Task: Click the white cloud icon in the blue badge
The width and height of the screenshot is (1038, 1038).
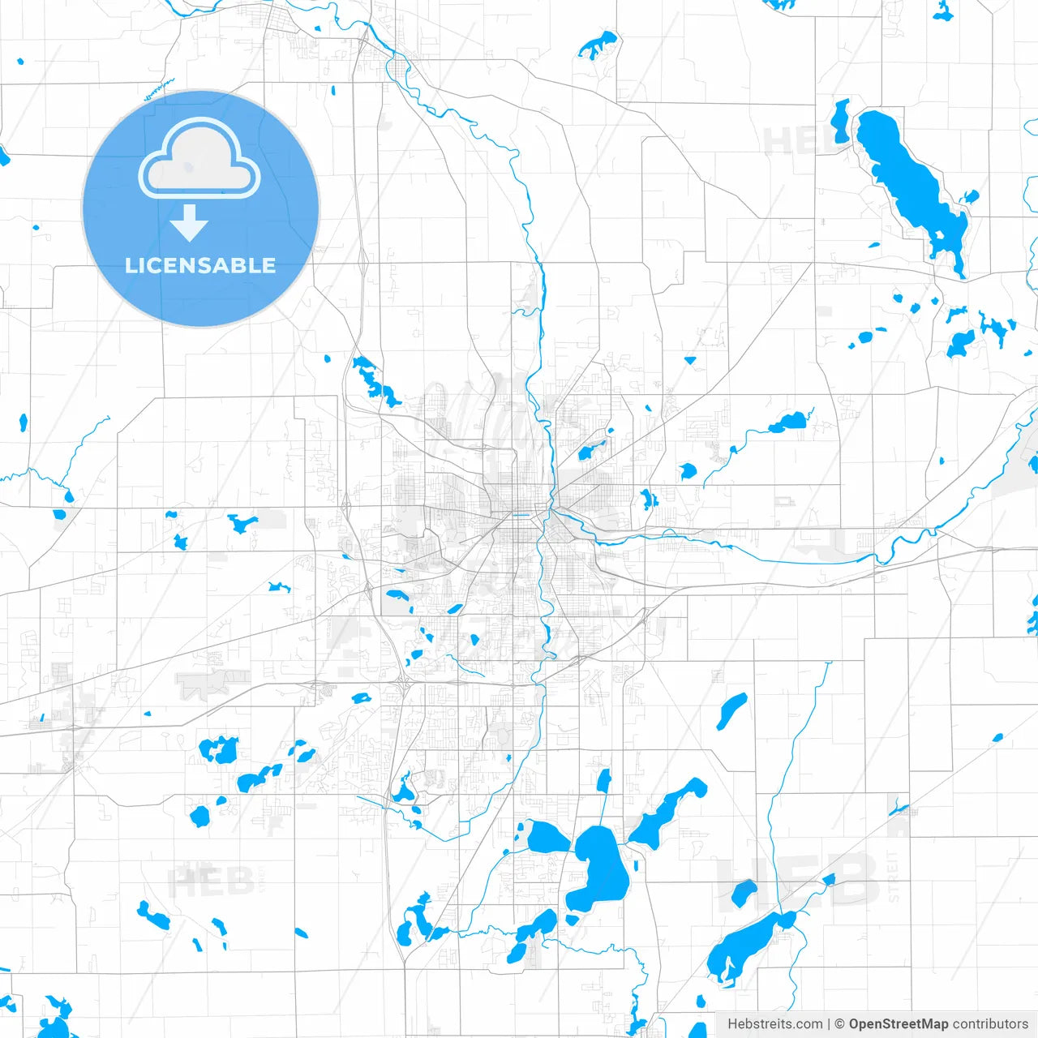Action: point(199,160)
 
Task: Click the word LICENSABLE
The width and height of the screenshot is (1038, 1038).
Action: point(200,265)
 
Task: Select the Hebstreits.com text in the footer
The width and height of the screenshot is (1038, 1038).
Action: point(774,1024)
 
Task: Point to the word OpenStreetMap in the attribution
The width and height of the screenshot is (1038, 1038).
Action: point(898,1024)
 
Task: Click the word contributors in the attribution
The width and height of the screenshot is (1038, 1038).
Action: point(990,1024)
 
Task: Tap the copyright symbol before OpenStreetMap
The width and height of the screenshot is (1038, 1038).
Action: point(839,1024)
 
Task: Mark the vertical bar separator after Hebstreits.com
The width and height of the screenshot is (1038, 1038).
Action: point(829,1024)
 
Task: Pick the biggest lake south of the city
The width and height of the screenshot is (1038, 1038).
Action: point(600,868)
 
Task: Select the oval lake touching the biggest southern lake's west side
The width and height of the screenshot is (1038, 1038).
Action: point(547,837)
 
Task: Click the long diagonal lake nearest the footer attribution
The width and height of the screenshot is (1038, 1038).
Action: point(746,945)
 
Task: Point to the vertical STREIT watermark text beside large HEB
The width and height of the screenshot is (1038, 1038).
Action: point(893,876)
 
